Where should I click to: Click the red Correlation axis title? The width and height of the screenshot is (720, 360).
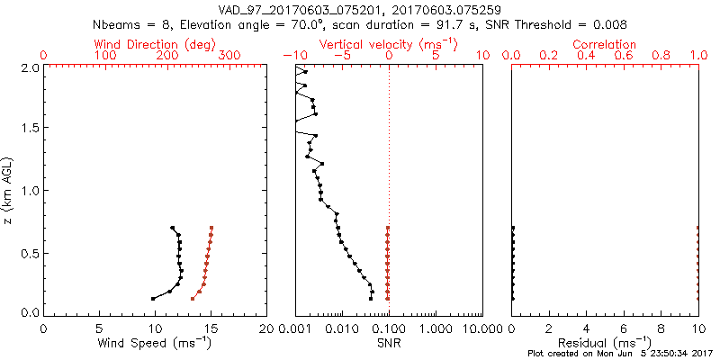pyautogui.click(x=606, y=44)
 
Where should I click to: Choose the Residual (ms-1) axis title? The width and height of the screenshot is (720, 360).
pyautogui.click(x=606, y=343)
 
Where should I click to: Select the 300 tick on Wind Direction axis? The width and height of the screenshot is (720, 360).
pyautogui.click(x=229, y=56)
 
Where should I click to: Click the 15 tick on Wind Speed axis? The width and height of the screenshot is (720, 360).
pyautogui.click(x=211, y=328)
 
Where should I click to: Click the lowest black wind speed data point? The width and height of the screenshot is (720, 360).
pyautogui.click(x=153, y=299)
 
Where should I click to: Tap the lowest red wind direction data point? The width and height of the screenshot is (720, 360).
pyautogui.click(x=192, y=299)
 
